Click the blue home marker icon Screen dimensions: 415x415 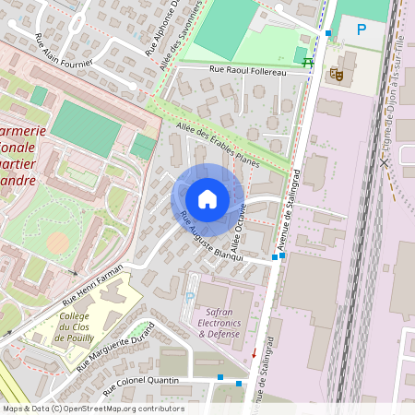click(207, 199)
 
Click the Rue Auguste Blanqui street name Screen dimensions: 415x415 click(211, 237)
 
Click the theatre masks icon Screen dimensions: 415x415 click(337, 72)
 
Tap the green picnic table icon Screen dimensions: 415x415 click(308, 63)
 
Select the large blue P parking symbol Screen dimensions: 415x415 click(362, 30)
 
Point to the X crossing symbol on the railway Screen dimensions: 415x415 click(384, 161)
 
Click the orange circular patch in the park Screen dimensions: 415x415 click(57, 243)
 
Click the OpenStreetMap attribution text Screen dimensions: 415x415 click(92, 409)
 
